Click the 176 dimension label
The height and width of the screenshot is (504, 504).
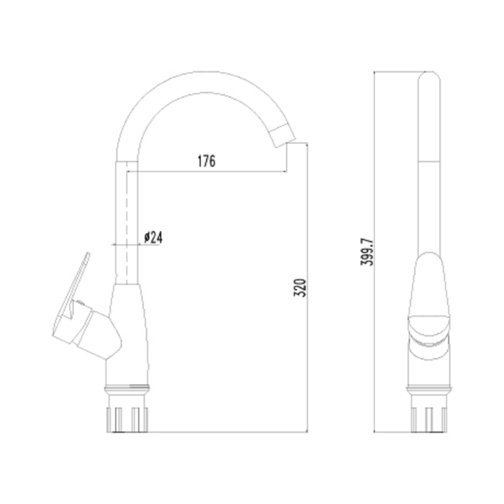coord(207,161)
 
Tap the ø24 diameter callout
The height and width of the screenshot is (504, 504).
coord(153,238)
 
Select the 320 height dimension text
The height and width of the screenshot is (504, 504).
coord(300,288)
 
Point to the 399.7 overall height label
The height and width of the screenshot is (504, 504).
coord(367,252)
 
